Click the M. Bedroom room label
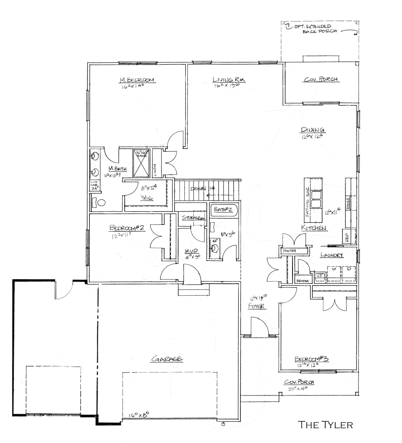pyautogui.click(x=137, y=80)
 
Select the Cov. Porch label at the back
pyautogui.click(x=321, y=80)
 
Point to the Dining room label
pyautogui.click(x=313, y=130)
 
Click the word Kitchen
pyautogui.click(x=314, y=228)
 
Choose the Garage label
pyautogui.click(x=167, y=359)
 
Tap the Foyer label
pyautogui.click(x=257, y=307)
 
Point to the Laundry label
pyautogui.click(x=332, y=255)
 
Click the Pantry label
pyautogui.click(x=288, y=251)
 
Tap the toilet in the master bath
pyautogui.click(x=99, y=203)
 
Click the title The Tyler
pyautogui.click(x=326, y=424)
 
